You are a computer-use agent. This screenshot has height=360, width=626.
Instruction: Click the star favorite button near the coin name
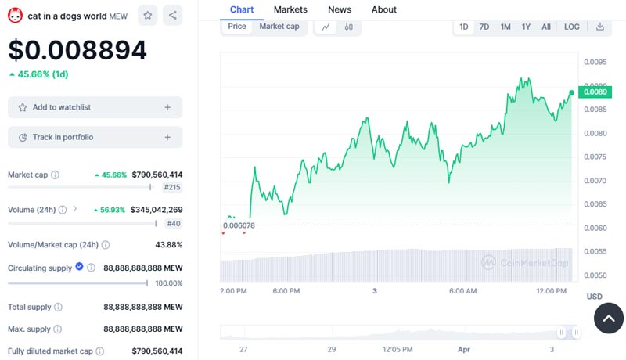pyautogui.click(x=147, y=15)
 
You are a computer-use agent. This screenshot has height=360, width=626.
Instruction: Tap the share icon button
pyautogui.click(x=173, y=15)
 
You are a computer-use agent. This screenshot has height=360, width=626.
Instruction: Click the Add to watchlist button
pyautogui.click(x=95, y=107)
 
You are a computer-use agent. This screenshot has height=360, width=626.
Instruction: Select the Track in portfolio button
pyautogui.click(x=95, y=137)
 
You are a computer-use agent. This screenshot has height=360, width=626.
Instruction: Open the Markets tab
pyautogui.click(x=290, y=9)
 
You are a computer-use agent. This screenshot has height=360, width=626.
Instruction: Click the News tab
pyautogui.click(x=340, y=9)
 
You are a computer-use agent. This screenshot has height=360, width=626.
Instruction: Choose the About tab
pyautogui.click(x=384, y=9)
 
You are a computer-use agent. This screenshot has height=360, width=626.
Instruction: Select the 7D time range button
pyautogui.click(x=484, y=27)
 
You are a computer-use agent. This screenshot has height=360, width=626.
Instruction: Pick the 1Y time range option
pyautogui.click(x=526, y=27)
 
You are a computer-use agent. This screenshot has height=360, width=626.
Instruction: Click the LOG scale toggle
pyautogui.click(x=572, y=27)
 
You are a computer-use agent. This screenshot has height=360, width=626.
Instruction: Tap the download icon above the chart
pyautogui.click(x=600, y=27)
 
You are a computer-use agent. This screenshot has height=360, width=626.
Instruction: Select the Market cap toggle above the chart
pyautogui.click(x=279, y=27)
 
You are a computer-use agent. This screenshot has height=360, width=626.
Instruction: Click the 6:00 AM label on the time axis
pyautogui.click(x=462, y=291)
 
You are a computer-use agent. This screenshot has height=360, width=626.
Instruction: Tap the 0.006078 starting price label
pyautogui.click(x=239, y=225)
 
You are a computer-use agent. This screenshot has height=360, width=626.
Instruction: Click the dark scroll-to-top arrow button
pyautogui.click(x=609, y=318)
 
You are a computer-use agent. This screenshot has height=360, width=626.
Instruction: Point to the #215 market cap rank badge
pyautogui.click(x=172, y=188)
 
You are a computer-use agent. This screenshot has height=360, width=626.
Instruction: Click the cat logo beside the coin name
pyautogui.click(x=15, y=15)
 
